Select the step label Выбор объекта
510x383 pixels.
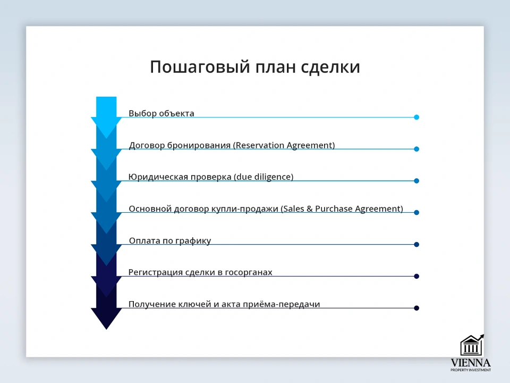pyautogui.click(x=161, y=113)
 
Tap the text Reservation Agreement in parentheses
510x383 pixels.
pyautogui.click(x=285, y=145)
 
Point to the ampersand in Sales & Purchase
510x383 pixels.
pyautogui.click(x=309, y=209)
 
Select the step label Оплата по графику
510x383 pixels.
pyautogui.click(x=170, y=240)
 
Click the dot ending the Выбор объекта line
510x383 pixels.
pyautogui.click(x=416, y=117)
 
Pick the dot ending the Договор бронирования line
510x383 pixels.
pyautogui.click(x=416, y=149)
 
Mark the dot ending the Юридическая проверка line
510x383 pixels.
pyautogui.click(x=416, y=181)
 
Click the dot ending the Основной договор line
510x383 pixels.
pyautogui.click(x=416, y=212)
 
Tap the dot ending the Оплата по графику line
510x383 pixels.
pyautogui.click(x=416, y=244)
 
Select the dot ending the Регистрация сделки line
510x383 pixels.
pyautogui.click(x=416, y=276)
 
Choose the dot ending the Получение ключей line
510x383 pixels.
pyautogui.click(x=416, y=308)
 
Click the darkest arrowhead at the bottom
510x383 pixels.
pyautogui.click(x=106, y=318)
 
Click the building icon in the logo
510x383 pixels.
pyautogui.click(x=471, y=345)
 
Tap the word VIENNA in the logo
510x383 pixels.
pyautogui.click(x=471, y=362)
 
